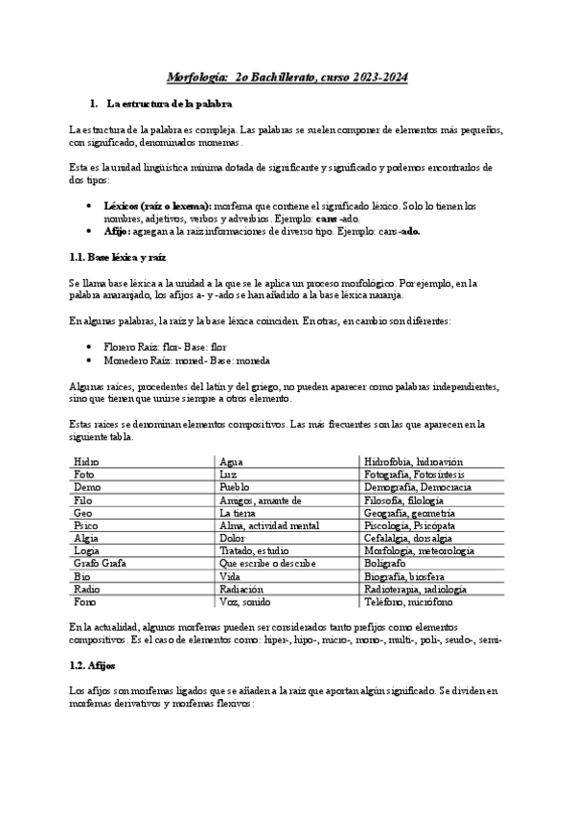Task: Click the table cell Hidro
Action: pyautogui.click(x=86, y=461)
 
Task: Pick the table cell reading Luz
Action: pyautogui.click(x=228, y=474)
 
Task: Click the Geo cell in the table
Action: pyautogui.click(x=82, y=513)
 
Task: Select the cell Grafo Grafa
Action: pyautogui.click(x=100, y=564)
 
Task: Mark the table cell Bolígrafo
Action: pyautogui.click(x=387, y=564)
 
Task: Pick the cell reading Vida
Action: pyautogui.click(x=230, y=577)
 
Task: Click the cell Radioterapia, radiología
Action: pyautogui.click(x=422, y=590)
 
